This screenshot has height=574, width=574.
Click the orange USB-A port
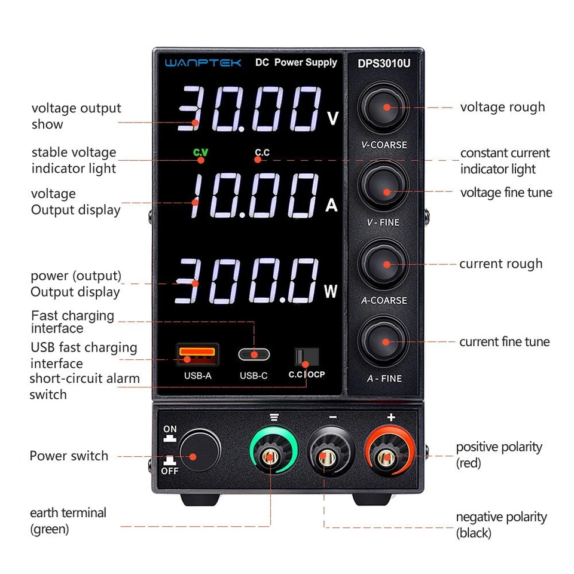coord(197,354)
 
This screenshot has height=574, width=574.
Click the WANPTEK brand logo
coord(203,62)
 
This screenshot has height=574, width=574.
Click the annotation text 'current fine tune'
coord(504,342)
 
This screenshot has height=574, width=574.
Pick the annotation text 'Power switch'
coord(69,456)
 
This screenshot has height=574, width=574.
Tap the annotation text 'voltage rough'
coord(502,107)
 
